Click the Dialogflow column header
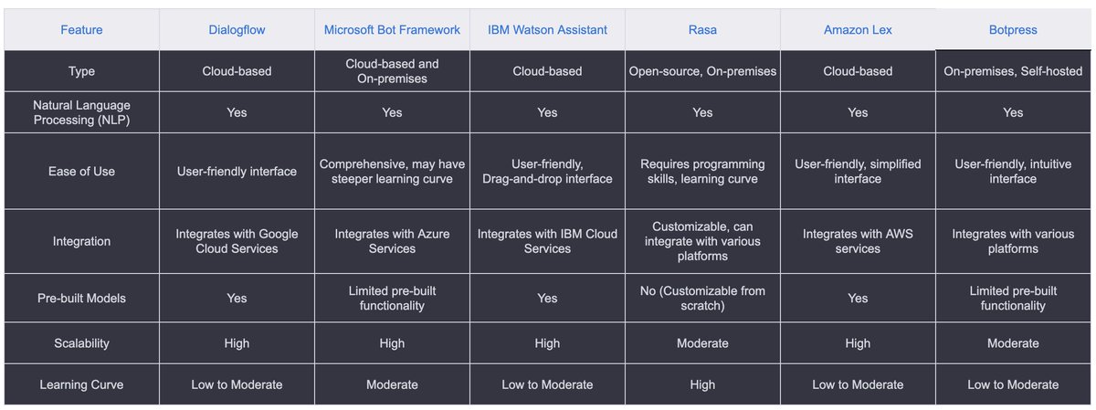point(237,30)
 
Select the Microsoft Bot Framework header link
point(392,30)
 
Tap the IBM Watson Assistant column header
point(547,30)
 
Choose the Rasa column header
point(702,30)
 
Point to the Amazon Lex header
point(858,30)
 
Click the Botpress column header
point(1013,30)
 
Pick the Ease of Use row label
point(81,172)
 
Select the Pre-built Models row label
point(81,298)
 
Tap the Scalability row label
point(81,343)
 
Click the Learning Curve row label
point(81,384)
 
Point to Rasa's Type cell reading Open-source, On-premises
point(702,71)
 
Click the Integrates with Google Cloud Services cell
point(237,241)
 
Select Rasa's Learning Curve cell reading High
point(702,384)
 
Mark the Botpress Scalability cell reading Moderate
point(1013,343)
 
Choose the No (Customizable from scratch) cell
point(702,298)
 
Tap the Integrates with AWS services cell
point(858,241)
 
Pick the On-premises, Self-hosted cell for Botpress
point(1013,71)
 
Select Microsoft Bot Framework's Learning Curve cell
point(392,384)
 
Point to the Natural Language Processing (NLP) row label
point(81,112)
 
